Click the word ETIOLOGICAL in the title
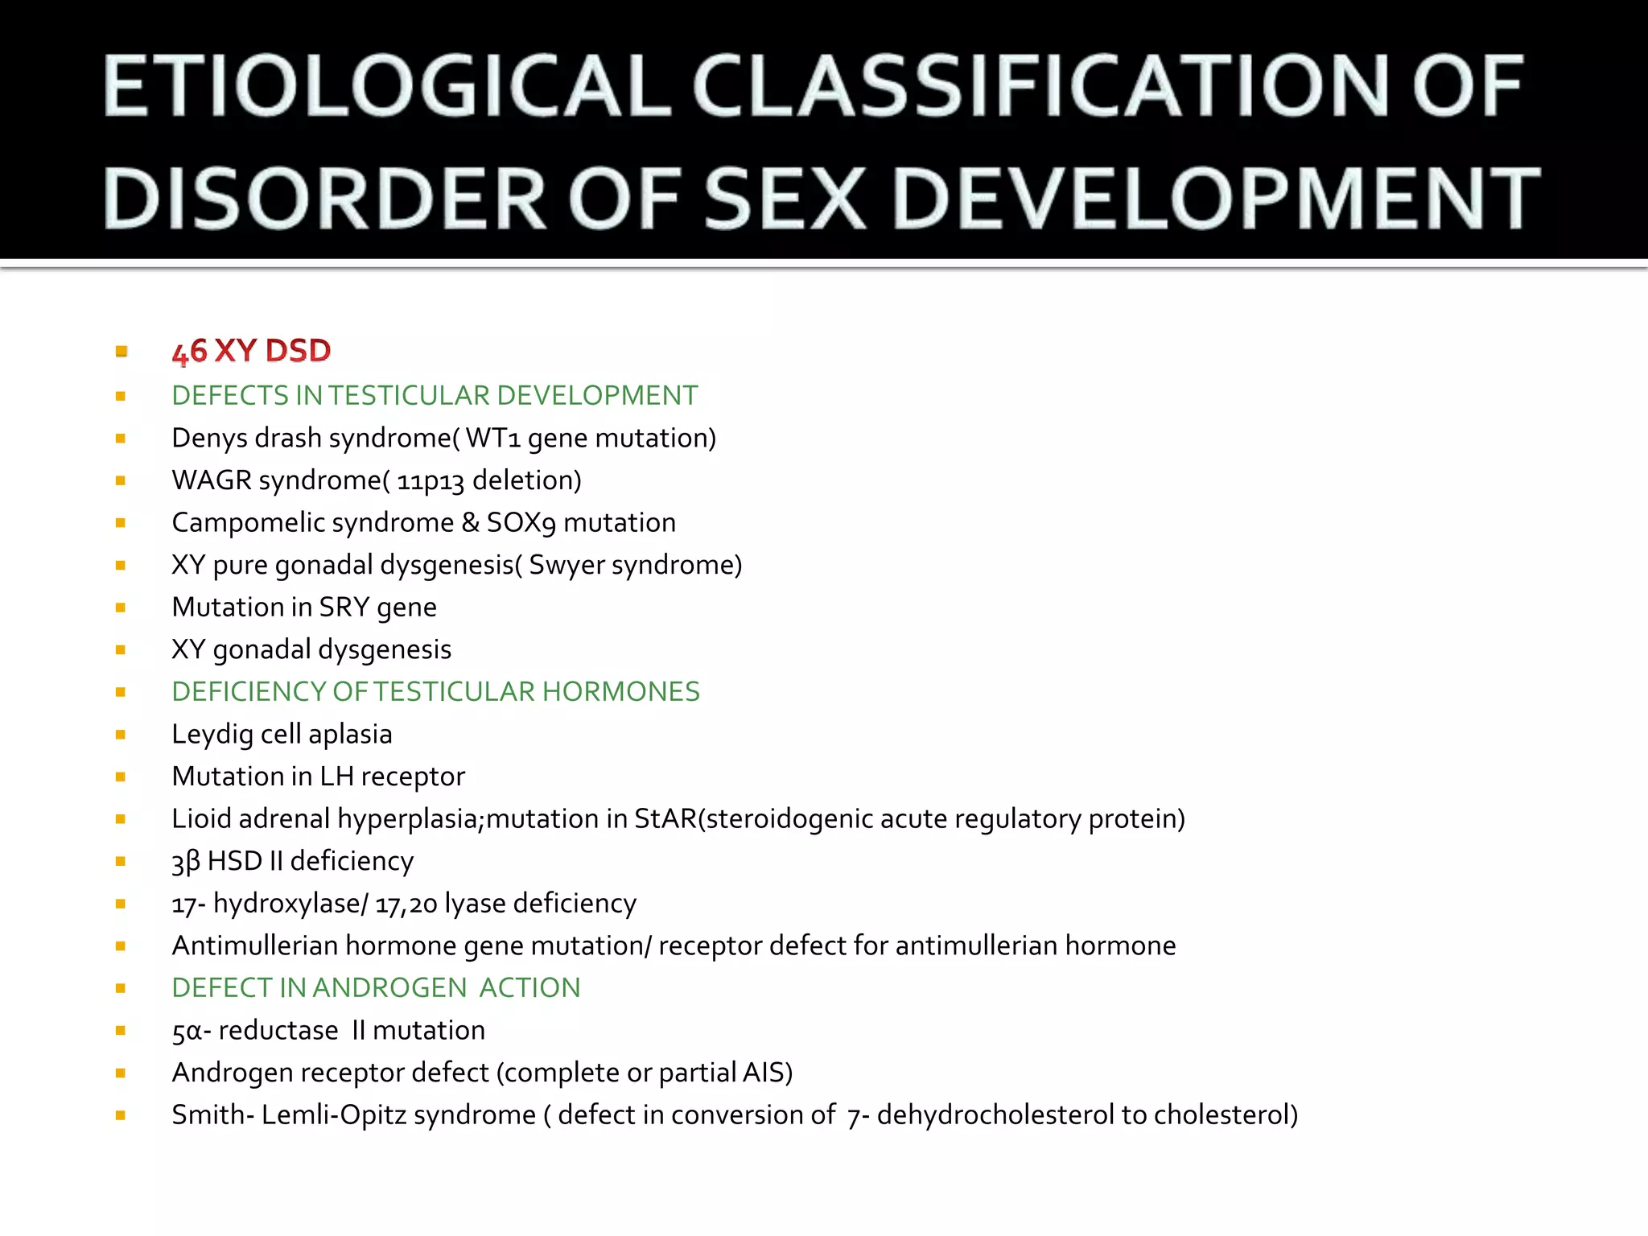386,86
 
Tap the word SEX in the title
784,199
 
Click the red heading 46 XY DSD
251,352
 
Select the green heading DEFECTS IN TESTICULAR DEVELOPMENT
435,395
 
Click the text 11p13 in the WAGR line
431,480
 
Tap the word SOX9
521,522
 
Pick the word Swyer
566,565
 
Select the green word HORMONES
620,692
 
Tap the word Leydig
212,735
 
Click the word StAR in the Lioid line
665,818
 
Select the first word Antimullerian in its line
255,946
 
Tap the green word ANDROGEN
389,987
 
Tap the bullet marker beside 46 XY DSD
121,352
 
